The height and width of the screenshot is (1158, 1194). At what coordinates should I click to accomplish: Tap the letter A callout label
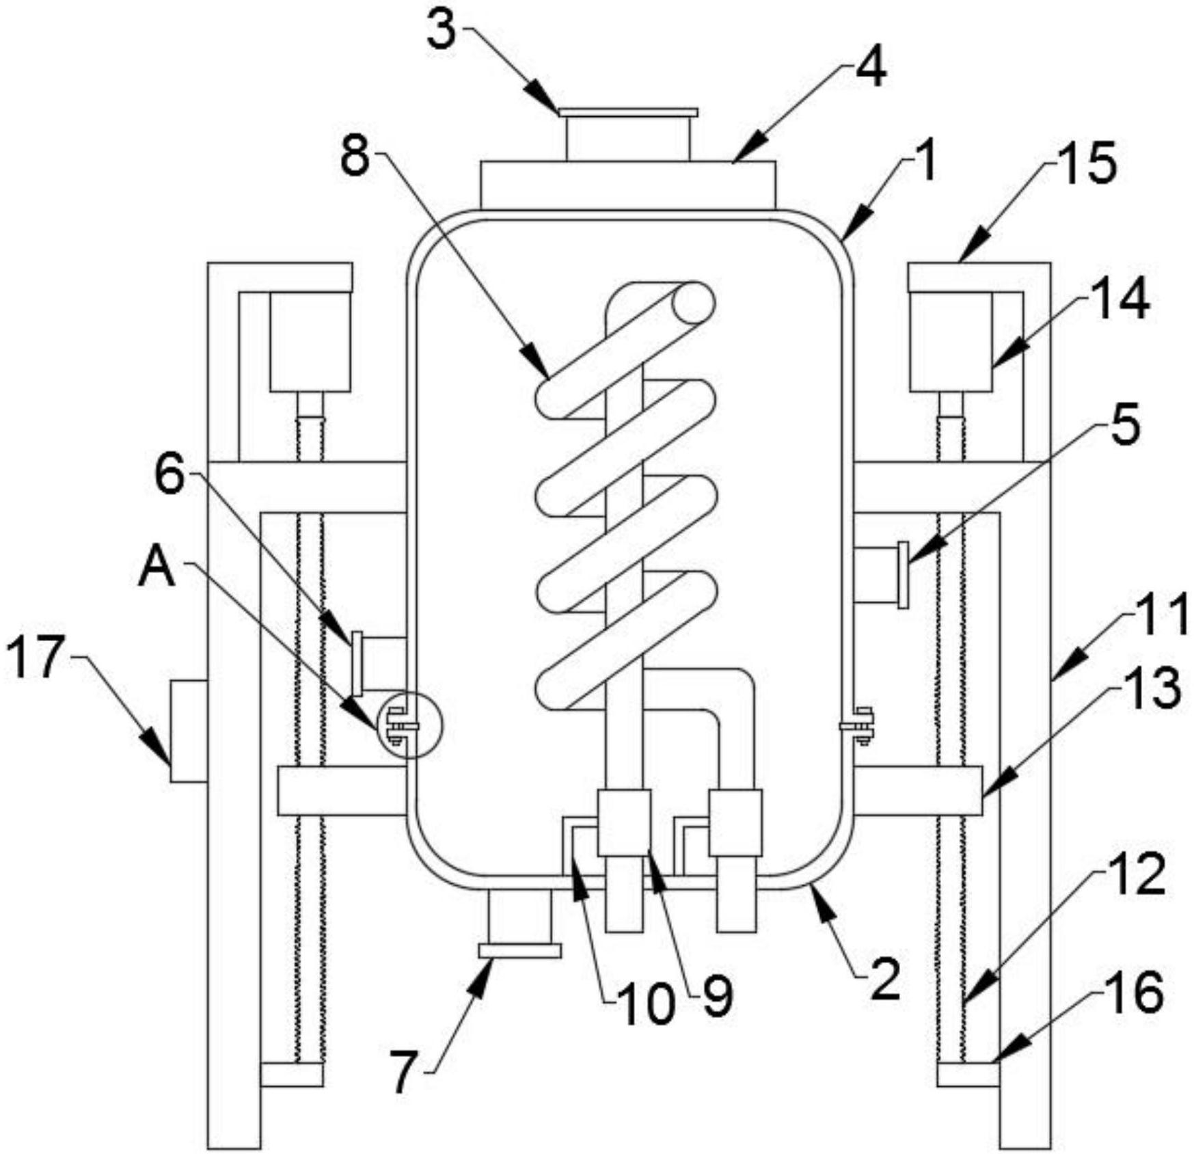(x=157, y=569)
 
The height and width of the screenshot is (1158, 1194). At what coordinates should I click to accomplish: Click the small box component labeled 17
(x=189, y=731)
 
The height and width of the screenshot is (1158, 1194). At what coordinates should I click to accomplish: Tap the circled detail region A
(x=409, y=725)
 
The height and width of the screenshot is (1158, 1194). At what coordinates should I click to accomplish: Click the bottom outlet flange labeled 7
(x=520, y=950)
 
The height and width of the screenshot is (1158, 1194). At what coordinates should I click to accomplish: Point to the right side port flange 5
(x=904, y=574)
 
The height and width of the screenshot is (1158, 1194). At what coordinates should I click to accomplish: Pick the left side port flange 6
(x=356, y=663)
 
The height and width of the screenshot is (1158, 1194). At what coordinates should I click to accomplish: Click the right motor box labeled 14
(x=951, y=341)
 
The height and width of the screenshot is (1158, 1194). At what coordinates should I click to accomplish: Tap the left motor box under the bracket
(x=310, y=341)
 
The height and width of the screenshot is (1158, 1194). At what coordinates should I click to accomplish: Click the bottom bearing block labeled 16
(x=968, y=1074)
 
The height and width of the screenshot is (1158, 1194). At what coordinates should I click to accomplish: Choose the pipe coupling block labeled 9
(x=623, y=823)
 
